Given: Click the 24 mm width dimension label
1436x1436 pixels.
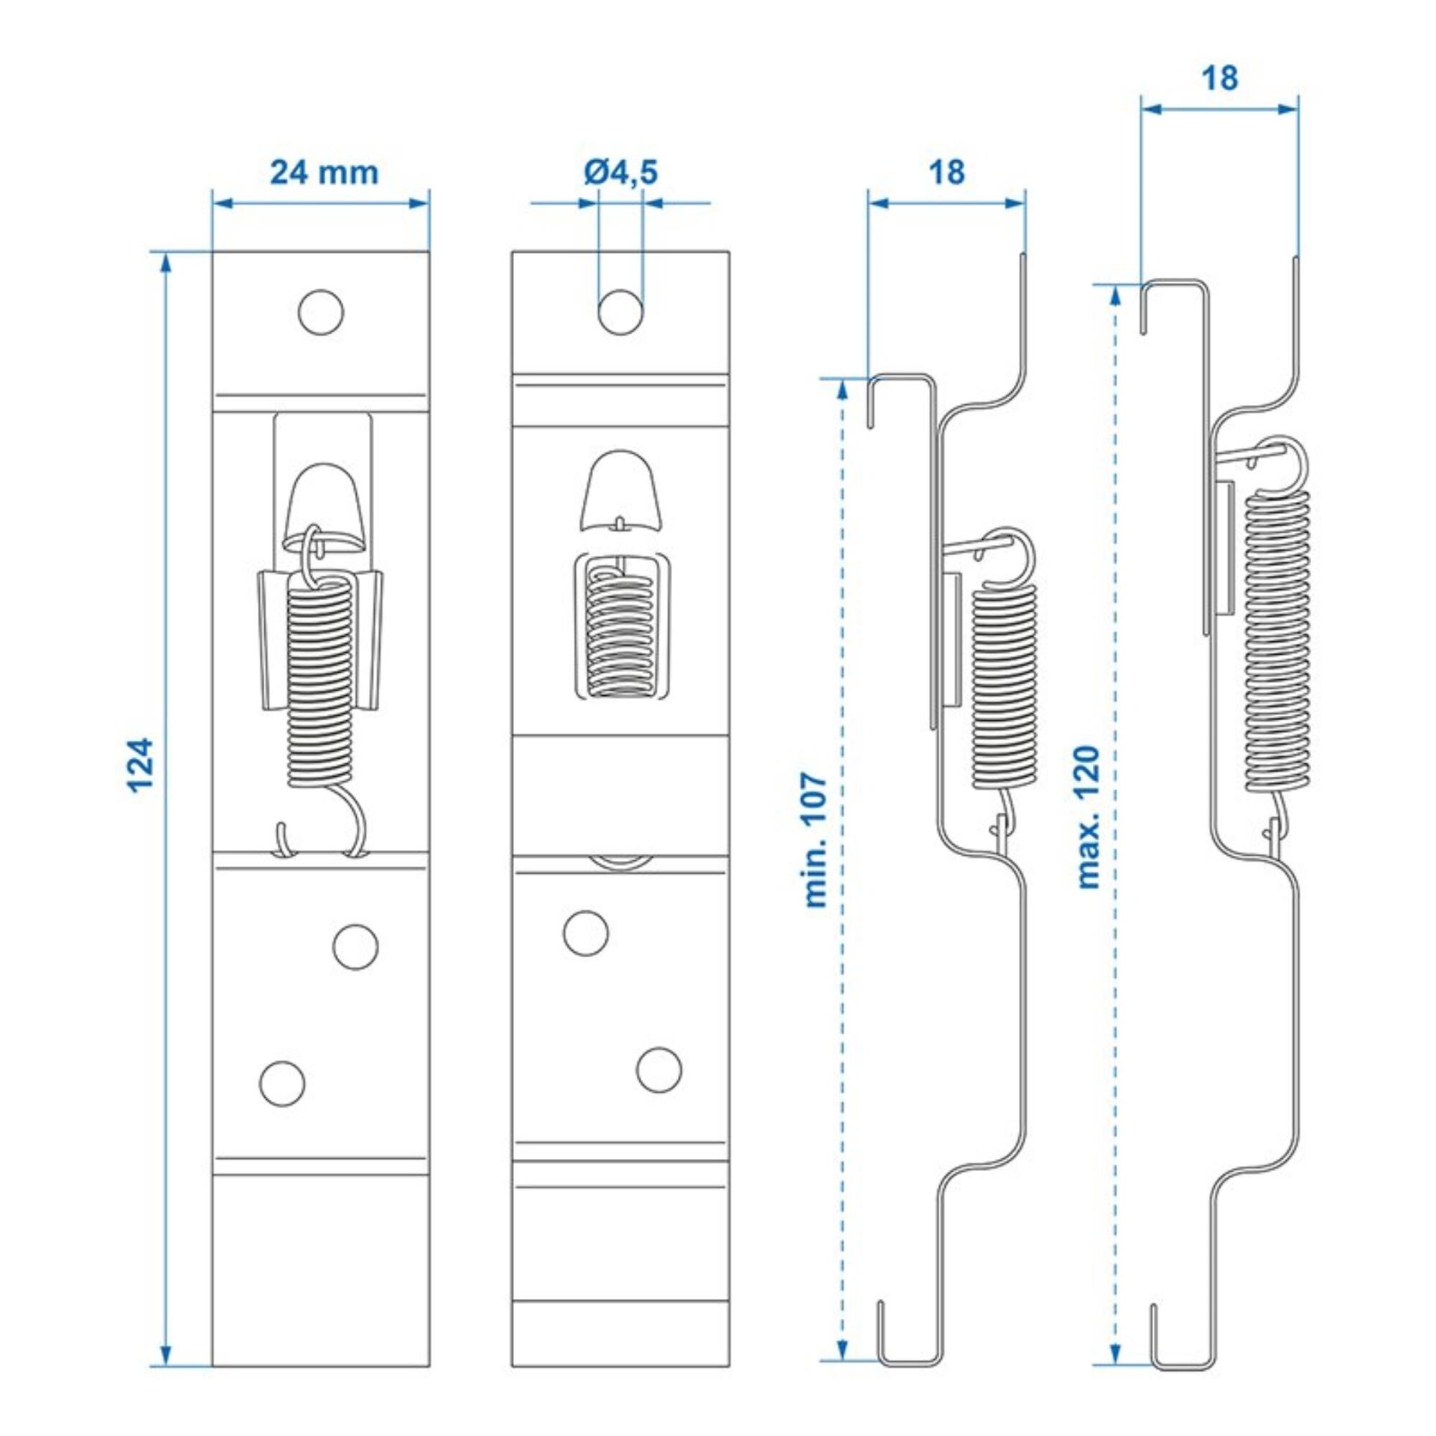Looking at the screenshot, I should pyautogui.click(x=324, y=172).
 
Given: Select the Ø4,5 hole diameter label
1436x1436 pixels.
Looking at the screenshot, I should pyautogui.click(x=620, y=172).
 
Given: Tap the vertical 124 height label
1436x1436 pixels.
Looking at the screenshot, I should pyautogui.click(x=141, y=765).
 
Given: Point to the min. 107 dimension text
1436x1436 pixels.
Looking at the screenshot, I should pyautogui.click(x=816, y=840).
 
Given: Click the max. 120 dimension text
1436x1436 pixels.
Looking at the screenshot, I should pyautogui.click(x=1087, y=818).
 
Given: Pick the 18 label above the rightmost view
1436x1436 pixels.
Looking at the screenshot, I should pyautogui.click(x=1220, y=78).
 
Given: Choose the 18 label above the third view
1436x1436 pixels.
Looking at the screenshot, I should pyautogui.click(x=947, y=172).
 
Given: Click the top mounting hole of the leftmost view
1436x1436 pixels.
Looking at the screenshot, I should pyautogui.click(x=321, y=312).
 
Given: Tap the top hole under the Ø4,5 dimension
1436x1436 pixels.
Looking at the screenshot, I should pyautogui.click(x=620, y=312).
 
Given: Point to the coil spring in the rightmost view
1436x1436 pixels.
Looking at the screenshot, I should pyautogui.click(x=1277, y=639).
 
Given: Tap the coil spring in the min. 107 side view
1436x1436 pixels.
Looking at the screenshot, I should pyautogui.click(x=1004, y=684).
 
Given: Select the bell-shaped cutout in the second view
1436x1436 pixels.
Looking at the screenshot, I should pyautogui.click(x=620, y=490).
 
